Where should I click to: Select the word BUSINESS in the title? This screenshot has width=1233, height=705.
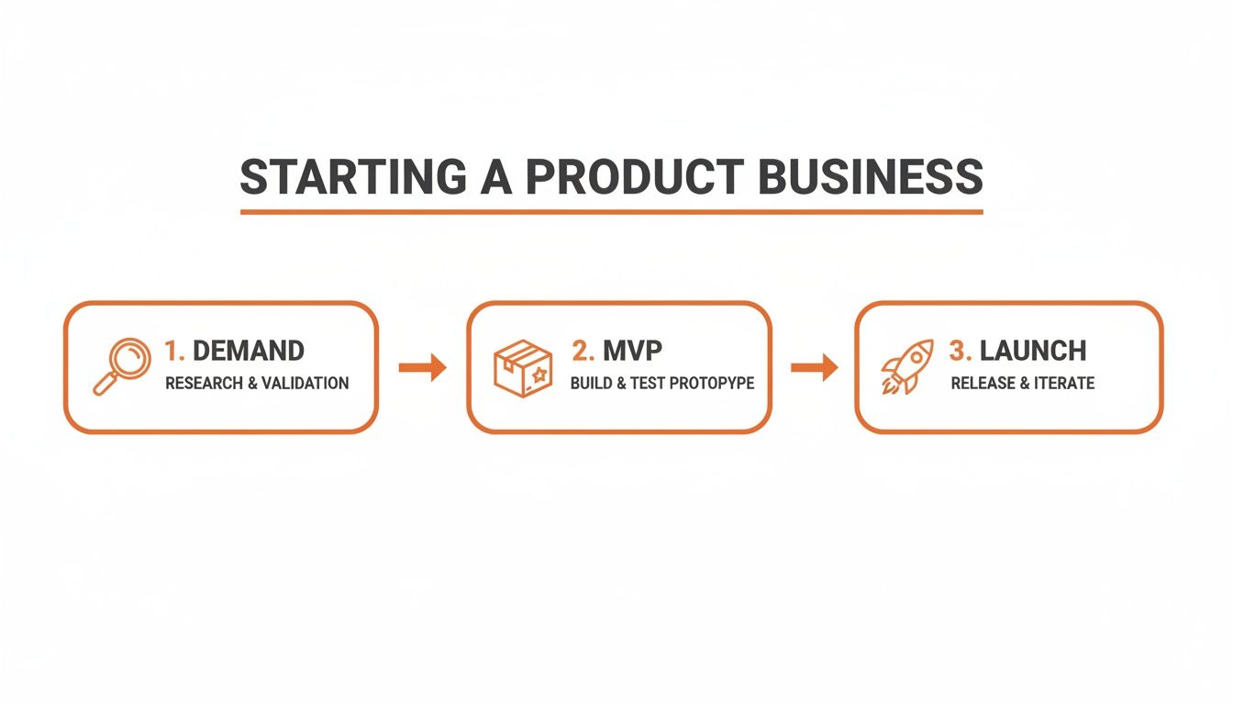[871, 177]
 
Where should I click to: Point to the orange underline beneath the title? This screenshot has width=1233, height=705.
[611, 212]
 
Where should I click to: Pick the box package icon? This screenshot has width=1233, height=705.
[523, 368]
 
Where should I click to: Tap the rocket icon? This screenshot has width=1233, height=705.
[907, 367]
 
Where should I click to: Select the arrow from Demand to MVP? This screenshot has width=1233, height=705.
[422, 368]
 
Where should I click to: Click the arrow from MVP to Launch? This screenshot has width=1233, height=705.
[814, 368]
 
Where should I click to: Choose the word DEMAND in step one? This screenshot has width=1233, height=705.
[248, 351]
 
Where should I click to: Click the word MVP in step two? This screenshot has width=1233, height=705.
[632, 351]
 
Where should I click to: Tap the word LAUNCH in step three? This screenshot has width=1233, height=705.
[1033, 351]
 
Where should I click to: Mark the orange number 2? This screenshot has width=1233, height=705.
[582, 351]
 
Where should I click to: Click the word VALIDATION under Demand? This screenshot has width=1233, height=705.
[305, 383]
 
